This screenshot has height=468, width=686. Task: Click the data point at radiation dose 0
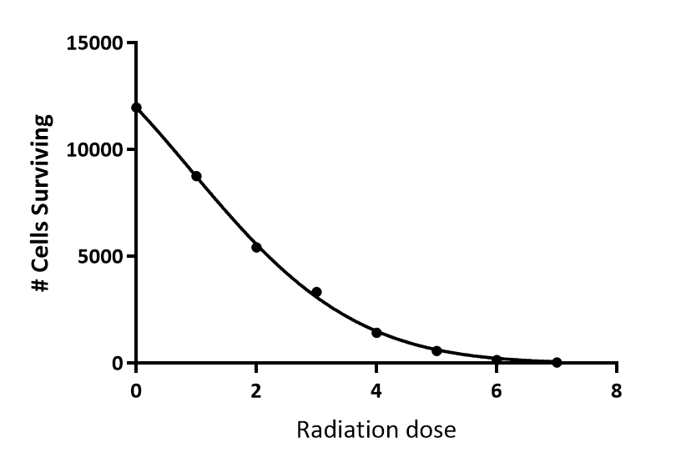coord(136,108)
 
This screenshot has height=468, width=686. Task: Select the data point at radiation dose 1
coord(196,176)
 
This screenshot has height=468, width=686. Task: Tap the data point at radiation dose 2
coord(256,247)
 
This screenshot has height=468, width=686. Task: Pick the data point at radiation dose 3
coord(316,292)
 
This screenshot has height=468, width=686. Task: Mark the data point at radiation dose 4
coord(376,332)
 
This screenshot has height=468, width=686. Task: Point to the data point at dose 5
coord(436,351)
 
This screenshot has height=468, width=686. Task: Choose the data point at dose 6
coord(497,360)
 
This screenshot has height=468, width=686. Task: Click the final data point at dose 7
coord(557,362)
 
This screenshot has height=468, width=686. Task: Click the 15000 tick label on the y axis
coord(93,43)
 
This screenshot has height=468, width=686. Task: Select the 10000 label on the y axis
coord(93,150)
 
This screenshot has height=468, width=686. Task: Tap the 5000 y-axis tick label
coord(98,257)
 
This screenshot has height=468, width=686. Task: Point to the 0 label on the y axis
coord(118,364)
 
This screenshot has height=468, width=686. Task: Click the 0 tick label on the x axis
coord(136,390)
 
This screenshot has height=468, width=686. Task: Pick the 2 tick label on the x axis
coord(256,390)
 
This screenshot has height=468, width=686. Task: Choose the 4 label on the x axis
coord(376,390)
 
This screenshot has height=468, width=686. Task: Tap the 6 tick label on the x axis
coord(497,390)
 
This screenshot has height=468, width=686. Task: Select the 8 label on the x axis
coord(617,390)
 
